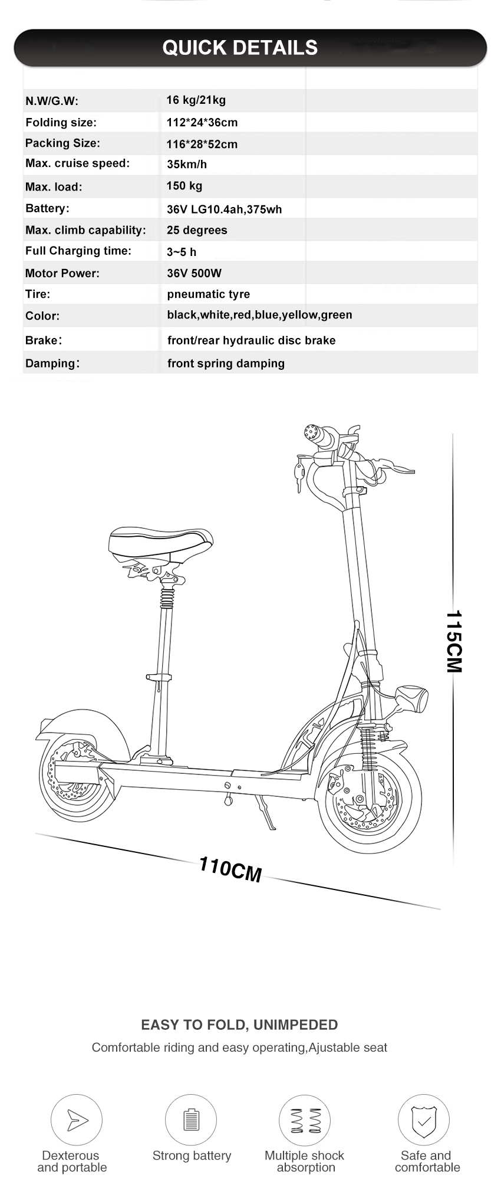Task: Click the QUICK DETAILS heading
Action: coord(240,47)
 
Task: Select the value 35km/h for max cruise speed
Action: coord(187,165)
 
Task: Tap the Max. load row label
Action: coord(54,187)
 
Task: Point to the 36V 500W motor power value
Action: coord(195,273)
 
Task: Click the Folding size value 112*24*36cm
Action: coord(202,123)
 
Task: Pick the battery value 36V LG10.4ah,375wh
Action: coord(225,209)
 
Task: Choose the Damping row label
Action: coord(52,363)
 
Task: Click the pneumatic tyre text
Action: coord(209,294)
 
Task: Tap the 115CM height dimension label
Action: coord(454,641)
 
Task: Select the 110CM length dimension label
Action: coord(230,869)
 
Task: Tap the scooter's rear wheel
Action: coord(78,779)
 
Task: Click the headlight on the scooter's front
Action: coord(412,700)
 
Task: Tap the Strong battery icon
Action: coord(191,1120)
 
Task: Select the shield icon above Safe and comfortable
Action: coord(423,1120)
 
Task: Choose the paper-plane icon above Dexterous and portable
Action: coord(77,1120)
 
